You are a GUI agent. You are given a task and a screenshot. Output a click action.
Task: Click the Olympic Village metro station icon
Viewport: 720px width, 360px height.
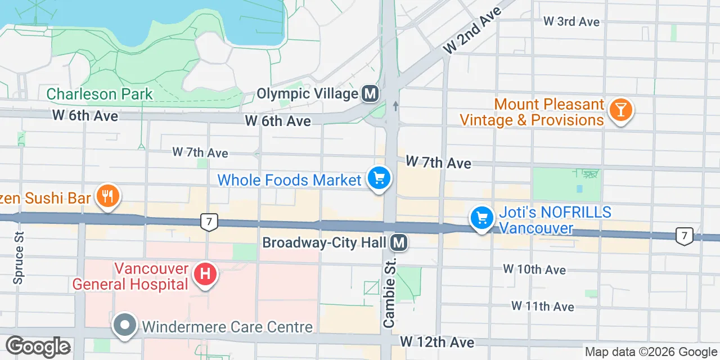370,93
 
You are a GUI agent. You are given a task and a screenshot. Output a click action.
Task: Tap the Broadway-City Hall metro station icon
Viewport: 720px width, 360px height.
399,242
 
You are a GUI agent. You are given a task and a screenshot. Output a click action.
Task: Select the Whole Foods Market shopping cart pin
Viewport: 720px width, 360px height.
379,179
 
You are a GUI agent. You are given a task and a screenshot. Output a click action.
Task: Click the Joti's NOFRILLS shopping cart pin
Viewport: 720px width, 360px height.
481,217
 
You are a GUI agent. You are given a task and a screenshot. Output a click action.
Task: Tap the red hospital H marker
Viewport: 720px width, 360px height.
205,274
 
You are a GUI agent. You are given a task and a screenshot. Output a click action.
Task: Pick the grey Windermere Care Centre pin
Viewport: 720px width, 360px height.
125,325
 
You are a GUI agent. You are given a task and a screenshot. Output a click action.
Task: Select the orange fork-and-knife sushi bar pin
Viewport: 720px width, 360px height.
107,196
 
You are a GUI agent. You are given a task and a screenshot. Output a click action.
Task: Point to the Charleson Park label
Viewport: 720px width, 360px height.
100,94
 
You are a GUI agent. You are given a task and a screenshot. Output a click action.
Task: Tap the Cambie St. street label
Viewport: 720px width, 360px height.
389,292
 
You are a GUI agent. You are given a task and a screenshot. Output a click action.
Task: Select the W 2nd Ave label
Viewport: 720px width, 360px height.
471,31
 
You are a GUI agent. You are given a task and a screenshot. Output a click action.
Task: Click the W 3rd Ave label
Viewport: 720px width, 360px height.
571,21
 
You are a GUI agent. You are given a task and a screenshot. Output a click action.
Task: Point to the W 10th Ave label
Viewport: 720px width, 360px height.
534,269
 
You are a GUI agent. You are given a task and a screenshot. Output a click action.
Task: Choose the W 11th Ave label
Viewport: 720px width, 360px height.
543,306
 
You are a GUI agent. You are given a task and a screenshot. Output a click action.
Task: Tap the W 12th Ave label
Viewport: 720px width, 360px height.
437,342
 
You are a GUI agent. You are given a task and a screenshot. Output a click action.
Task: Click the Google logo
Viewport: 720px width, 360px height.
38,346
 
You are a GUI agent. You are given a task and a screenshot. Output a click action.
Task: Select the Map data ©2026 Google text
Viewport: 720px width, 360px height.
650,352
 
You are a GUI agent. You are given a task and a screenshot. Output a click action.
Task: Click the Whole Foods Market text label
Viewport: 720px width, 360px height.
289,180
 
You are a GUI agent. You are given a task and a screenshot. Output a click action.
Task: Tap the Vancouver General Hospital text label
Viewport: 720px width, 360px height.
130,276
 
